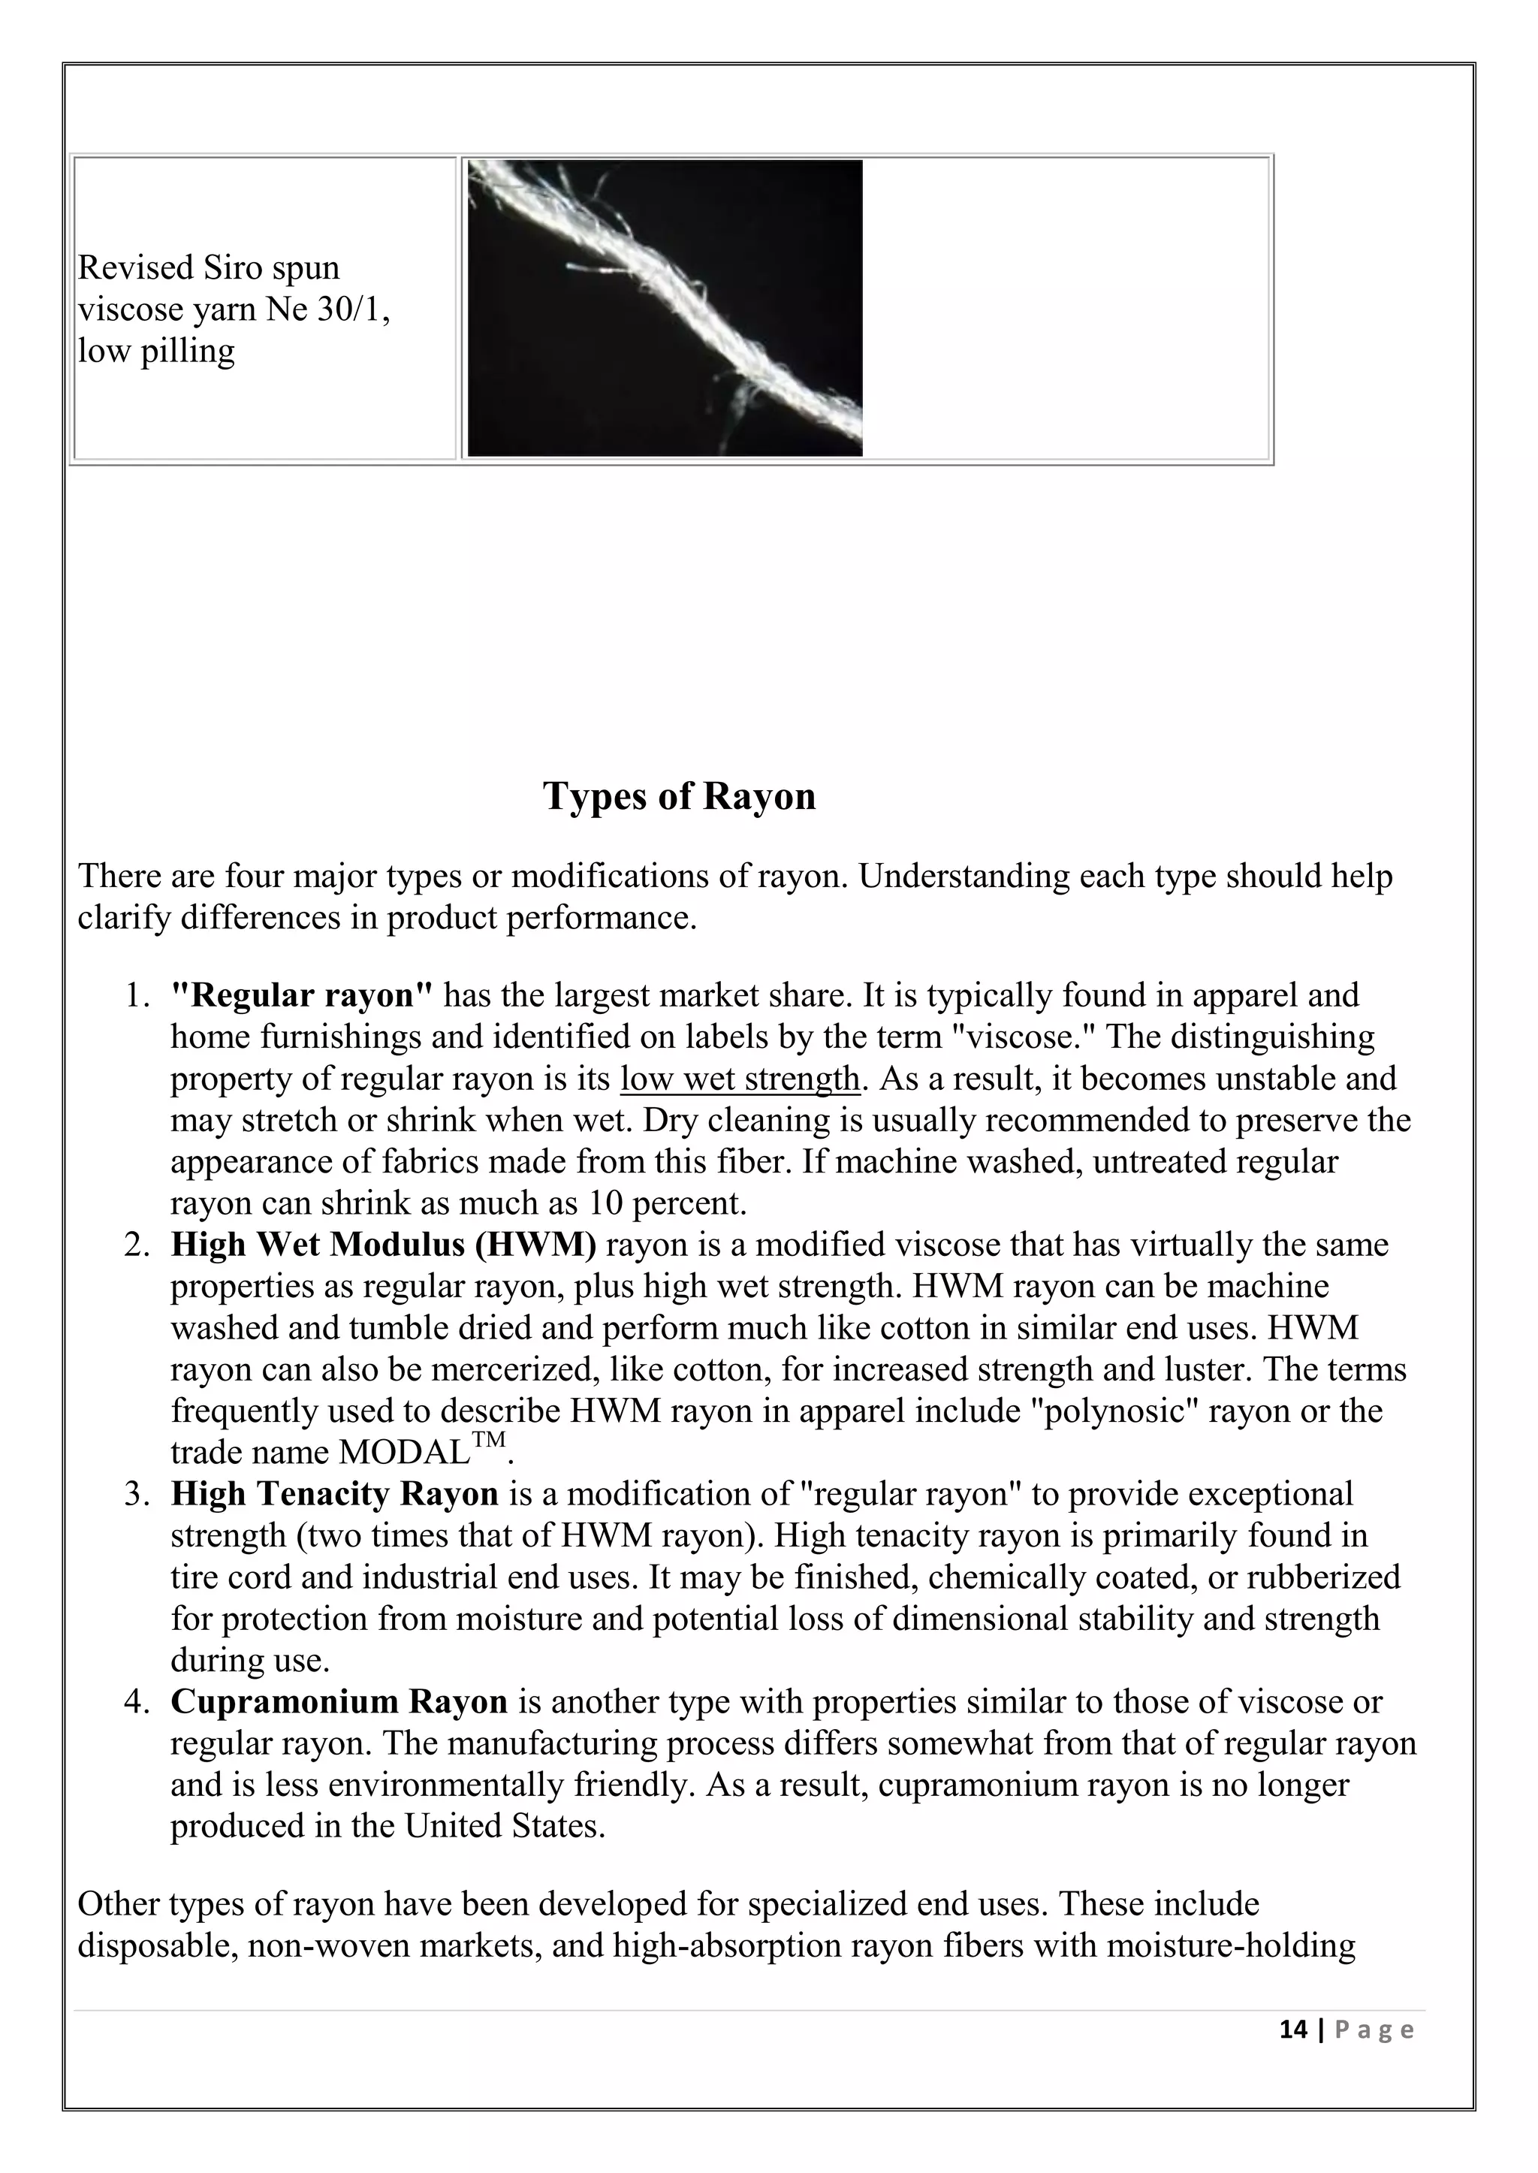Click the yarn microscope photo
click(665, 308)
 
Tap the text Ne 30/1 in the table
click(327, 309)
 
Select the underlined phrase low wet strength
click(740, 1078)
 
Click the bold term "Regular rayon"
click(301, 994)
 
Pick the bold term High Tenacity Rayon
click(334, 1494)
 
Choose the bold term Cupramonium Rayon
click(339, 1701)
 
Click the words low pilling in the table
click(156, 352)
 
